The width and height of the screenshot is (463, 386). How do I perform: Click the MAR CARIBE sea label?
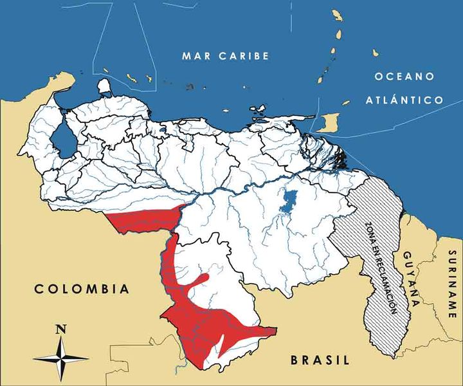224,56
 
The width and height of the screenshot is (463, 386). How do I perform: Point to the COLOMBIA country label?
82,289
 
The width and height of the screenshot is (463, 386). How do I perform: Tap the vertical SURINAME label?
452,283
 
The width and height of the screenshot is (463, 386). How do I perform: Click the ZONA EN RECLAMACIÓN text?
378,267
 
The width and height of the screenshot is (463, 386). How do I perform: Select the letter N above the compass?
61,329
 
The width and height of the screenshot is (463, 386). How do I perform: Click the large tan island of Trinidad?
329,122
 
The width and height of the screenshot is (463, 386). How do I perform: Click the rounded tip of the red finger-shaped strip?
205,278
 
